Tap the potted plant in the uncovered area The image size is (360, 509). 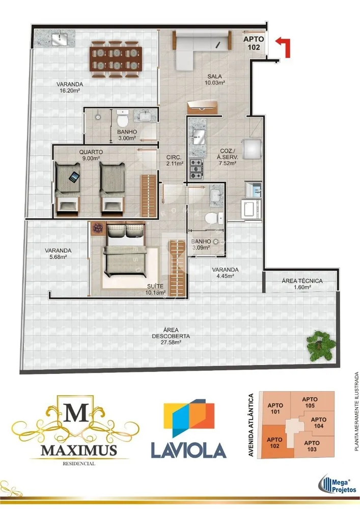(x=321, y=346)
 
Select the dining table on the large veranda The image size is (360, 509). (x=116, y=59)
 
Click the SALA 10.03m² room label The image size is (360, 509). (x=214, y=79)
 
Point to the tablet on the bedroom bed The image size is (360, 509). (x=74, y=177)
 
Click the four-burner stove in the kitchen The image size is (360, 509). (x=196, y=169)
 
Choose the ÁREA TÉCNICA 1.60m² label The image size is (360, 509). (x=302, y=284)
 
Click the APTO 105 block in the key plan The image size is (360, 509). (x=310, y=403)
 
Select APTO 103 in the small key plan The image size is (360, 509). (x=312, y=446)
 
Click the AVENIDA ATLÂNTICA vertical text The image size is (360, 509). (x=251, y=425)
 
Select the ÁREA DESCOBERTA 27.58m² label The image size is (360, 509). (x=171, y=336)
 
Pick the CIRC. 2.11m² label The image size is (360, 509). (x=175, y=160)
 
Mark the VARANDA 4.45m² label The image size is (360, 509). (x=225, y=273)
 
